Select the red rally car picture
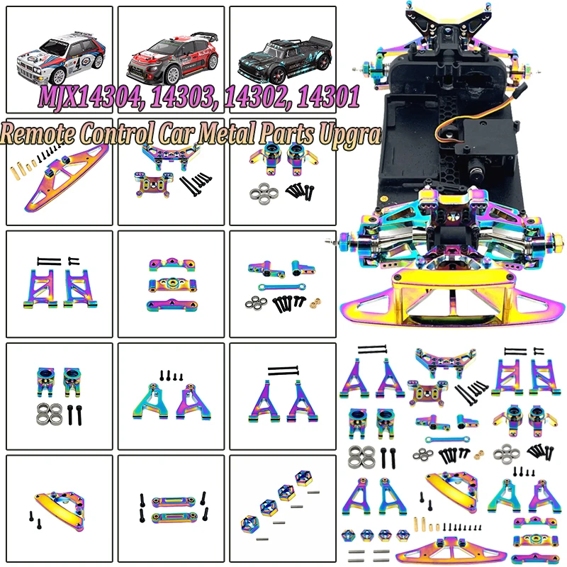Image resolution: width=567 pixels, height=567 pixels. click(171, 52)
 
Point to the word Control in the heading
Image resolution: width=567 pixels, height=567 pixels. click(124, 134)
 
